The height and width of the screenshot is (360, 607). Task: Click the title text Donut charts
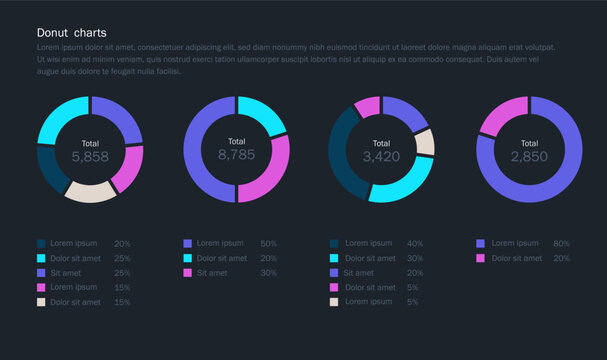[x=71, y=33]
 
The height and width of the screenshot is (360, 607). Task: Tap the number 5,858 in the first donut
[x=90, y=157]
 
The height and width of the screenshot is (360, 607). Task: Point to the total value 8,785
[x=236, y=155]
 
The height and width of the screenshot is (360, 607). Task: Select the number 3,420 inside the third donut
[x=381, y=157]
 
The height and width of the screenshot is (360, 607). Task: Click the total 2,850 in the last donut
[x=529, y=157]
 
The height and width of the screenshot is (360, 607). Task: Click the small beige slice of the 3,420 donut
[x=425, y=142]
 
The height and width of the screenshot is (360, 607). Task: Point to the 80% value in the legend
[x=561, y=243]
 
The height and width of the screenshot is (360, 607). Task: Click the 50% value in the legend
[x=269, y=243]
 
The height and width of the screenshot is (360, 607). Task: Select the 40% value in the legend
[x=415, y=243]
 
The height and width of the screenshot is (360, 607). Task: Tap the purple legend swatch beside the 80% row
[x=481, y=243]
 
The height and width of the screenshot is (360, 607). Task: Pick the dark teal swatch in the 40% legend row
[x=334, y=243]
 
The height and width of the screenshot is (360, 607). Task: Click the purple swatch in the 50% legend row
[x=187, y=243]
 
